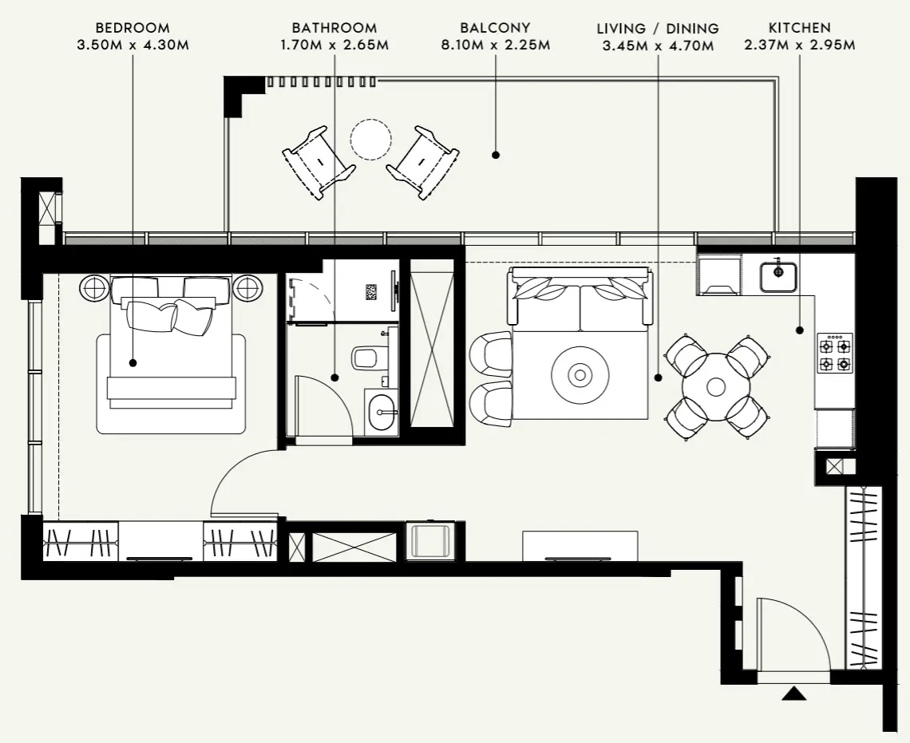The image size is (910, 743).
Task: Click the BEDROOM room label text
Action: point(132,28)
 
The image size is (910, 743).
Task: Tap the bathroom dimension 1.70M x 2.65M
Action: point(334,45)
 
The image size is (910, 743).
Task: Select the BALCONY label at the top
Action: point(495,28)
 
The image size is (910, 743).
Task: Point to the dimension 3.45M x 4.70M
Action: point(657,46)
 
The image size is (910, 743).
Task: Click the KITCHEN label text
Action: point(799,28)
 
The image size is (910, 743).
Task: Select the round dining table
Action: point(716,387)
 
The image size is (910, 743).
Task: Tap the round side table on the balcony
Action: point(371,140)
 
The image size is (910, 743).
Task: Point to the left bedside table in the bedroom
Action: point(93,287)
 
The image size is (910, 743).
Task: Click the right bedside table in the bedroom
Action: point(247,287)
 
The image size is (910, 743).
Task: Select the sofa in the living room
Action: point(580,301)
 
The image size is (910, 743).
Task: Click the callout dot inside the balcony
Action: point(496,155)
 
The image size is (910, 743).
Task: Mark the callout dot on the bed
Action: point(133,362)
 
